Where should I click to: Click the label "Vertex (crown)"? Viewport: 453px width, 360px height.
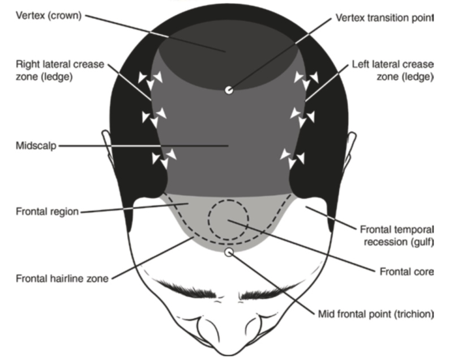pos(49,16)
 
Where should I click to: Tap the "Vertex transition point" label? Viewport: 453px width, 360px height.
pos(384,18)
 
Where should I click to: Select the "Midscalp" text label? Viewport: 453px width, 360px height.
pos(36,146)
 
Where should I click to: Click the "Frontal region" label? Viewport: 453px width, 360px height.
pos(47,212)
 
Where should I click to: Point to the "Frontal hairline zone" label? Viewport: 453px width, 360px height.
pos(62,278)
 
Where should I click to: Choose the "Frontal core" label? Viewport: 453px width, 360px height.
pos(407,272)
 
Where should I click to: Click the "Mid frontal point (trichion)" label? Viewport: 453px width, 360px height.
pos(376,314)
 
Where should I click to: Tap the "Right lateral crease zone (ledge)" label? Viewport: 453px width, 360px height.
pos(60,70)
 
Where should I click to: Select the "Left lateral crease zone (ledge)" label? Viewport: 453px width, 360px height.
pos(393,70)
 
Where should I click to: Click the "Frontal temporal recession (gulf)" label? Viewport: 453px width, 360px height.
pos(397,235)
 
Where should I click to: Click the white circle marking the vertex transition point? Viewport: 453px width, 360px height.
pos(229,90)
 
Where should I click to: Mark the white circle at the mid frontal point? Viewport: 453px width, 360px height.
pos(229,252)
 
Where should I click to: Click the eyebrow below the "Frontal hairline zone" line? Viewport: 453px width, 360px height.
pos(187,289)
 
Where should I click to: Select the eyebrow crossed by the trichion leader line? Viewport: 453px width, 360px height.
pos(268,290)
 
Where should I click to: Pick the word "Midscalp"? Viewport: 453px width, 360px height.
pos(36,146)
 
